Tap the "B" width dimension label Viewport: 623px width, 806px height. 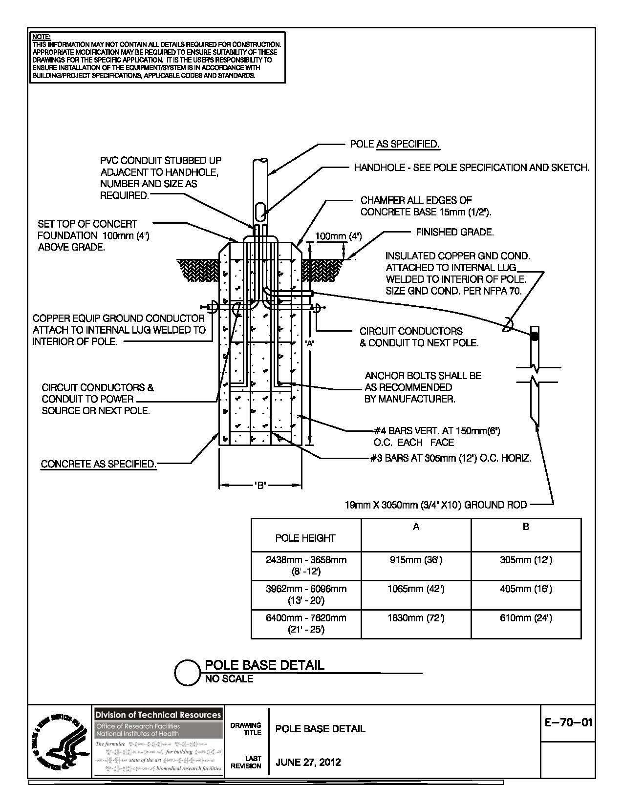[x=260, y=486]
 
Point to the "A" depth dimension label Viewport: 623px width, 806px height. [x=309, y=343]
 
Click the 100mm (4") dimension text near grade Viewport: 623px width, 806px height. [x=338, y=236]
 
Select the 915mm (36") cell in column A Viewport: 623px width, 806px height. [x=416, y=560]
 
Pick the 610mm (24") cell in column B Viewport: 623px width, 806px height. [x=526, y=618]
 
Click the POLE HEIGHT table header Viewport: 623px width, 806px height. [x=305, y=538]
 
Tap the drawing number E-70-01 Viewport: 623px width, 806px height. [x=568, y=721]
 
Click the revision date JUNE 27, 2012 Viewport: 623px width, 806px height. [x=308, y=762]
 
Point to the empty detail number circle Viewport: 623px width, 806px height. [x=187, y=672]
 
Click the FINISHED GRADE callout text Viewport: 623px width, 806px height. [x=454, y=233]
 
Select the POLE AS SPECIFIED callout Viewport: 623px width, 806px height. [x=395, y=144]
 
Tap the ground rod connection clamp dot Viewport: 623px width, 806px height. [x=535, y=336]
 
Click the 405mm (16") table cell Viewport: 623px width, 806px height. [x=526, y=589]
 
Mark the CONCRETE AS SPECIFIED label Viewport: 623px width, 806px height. [x=99, y=464]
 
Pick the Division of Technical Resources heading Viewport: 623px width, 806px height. [x=158, y=715]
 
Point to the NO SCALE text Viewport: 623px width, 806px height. [x=229, y=679]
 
